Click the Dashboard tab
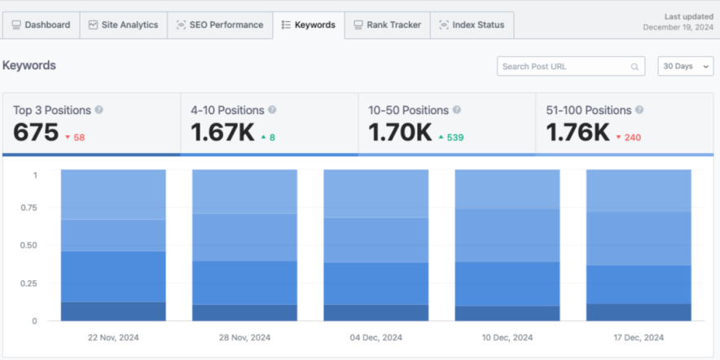[41, 25]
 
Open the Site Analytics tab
[123, 25]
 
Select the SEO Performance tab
[220, 25]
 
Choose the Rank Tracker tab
[388, 25]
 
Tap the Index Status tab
[472, 25]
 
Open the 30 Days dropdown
[685, 67]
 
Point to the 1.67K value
[222, 132]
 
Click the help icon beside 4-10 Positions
[272, 110]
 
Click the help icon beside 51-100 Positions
[639, 110]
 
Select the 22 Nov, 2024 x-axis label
[113, 337]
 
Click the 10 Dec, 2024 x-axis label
[507, 337]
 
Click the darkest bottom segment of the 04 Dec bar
[376, 313]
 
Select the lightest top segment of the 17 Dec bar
[639, 190]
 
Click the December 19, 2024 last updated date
[678, 27]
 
